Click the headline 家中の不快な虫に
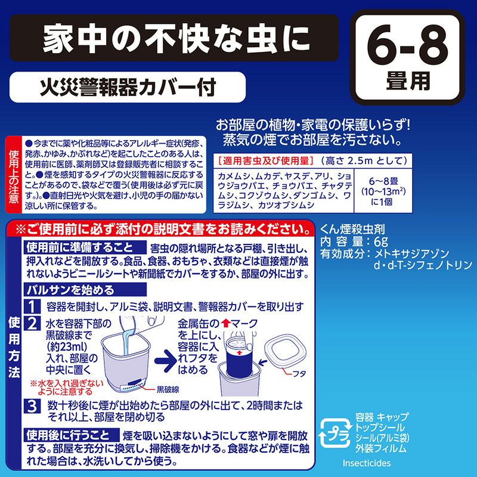tap(176, 39)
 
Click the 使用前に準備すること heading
tap(83, 247)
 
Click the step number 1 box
tap(32, 306)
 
